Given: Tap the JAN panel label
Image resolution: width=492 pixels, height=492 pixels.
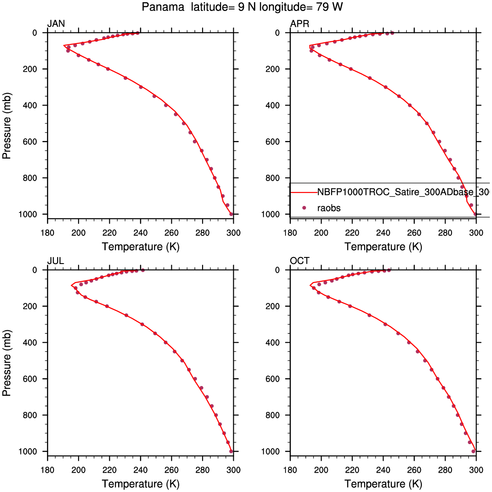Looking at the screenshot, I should coord(56,24).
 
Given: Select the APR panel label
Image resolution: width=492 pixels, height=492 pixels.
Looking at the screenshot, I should coord(300,24).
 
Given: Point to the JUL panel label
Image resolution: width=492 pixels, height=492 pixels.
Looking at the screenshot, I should coord(56,261).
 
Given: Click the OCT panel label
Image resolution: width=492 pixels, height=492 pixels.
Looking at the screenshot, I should coord(300,261).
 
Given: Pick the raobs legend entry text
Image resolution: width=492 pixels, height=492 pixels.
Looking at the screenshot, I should coord(329,208).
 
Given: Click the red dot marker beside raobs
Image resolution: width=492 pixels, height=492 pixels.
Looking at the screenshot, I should coord(304,208).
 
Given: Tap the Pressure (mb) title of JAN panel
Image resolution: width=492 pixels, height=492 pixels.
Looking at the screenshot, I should coord(7,123).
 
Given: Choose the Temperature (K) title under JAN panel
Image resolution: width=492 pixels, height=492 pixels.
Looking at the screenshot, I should coord(141,246).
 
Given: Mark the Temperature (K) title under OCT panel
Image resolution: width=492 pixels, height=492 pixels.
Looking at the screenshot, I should coord(383,484).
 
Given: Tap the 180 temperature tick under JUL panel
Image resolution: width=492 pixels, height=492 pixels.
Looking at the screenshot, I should coord(47,470).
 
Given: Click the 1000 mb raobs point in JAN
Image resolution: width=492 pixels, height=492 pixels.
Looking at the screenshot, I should coord(232,214).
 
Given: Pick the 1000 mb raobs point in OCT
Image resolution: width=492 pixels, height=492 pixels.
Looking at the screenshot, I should coord(474,451).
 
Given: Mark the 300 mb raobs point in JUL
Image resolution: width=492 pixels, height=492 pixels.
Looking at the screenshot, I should coord(142,324).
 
